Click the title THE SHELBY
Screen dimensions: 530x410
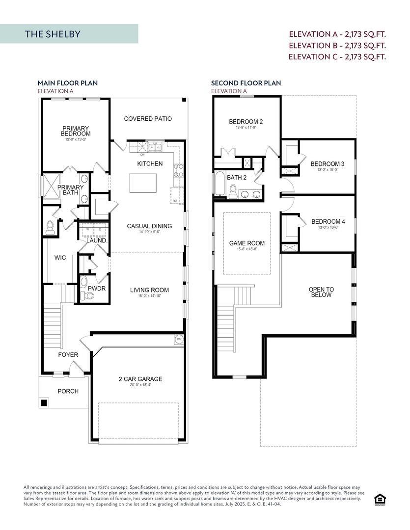point(53,34)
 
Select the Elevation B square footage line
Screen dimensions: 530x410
point(337,45)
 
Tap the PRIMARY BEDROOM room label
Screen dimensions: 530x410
point(76,131)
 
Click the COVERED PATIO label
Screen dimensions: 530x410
point(148,119)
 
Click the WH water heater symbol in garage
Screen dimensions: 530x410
point(178,339)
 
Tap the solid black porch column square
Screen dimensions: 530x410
point(44,403)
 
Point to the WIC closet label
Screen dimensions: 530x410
point(60,258)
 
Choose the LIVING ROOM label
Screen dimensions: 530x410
point(149,290)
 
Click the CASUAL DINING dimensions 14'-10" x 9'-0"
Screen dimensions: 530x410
point(149,232)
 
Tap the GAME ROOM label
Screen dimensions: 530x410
point(247,243)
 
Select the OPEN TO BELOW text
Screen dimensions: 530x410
point(321,292)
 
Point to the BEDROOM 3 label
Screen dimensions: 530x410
point(328,164)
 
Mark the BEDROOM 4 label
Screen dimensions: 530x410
point(328,222)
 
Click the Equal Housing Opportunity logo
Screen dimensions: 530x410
point(379,499)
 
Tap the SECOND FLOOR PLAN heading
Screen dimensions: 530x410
point(246,83)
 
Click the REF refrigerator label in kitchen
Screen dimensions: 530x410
point(175,201)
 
